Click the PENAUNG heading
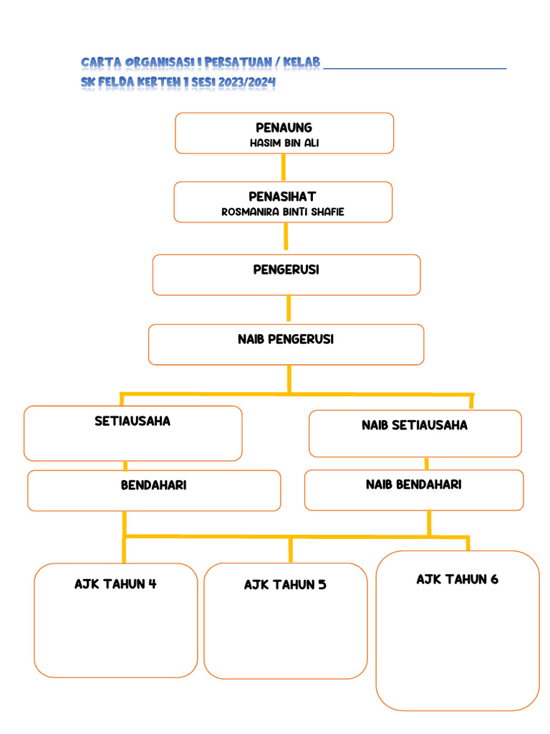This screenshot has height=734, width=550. pyautogui.click(x=284, y=128)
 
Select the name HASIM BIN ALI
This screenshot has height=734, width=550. pyautogui.click(x=284, y=143)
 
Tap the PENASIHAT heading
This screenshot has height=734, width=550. pyautogui.click(x=282, y=196)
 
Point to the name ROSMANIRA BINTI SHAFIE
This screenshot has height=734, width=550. pyautogui.click(x=283, y=212)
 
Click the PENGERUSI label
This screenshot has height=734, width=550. pyautogui.click(x=286, y=270)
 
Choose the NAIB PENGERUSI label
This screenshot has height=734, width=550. pyautogui.click(x=286, y=340)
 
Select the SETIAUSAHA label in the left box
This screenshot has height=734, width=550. pyautogui.click(x=132, y=421)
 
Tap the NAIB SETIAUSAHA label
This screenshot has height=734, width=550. pyautogui.click(x=414, y=426)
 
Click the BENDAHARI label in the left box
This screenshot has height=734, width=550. pyautogui.click(x=153, y=486)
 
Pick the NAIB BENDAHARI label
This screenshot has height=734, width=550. pyautogui.click(x=413, y=485)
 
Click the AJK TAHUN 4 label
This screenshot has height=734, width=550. pyautogui.click(x=115, y=584)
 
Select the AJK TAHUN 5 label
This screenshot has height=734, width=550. pyautogui.click(x=285, y=585)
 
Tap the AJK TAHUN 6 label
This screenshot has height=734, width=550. pyautogui.click(x=457, y=580)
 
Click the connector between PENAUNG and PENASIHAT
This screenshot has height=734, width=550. pyautogui.click(x=284, y=167)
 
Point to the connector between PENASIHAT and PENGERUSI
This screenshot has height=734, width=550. pyautogui.click(x=286, y=237)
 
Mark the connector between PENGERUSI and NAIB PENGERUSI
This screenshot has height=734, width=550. pyautogui.click(x=288, y=309)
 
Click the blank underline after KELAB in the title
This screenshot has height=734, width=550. pyautogui.click(x=415, y=67)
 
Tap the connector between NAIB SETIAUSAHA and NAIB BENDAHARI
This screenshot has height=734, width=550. pyautogui.click(x=426, y=463)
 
